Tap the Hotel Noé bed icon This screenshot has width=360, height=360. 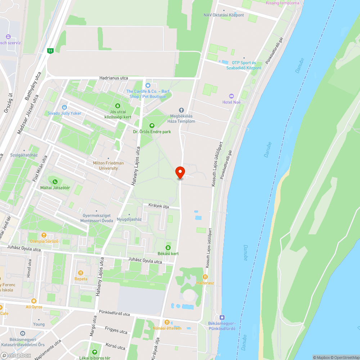click(x=231, y=96)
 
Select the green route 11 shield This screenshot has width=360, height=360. click(x=50, y=51)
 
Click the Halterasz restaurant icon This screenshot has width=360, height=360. click(x=205, y=277)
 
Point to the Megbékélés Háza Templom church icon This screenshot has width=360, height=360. click(x=181, y=110)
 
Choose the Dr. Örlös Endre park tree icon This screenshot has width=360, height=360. click(x=152, y=125)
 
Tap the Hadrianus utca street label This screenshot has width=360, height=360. click(x=113, y=78)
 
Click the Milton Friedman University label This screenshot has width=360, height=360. click(x=108, y=166)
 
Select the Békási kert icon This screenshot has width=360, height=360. click(x=168, y=247)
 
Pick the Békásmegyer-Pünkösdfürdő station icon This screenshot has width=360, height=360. click(x=222, y=317)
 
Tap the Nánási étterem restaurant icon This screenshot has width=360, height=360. click(x=167, y=322)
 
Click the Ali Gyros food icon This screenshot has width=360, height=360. click(x=34, y=301)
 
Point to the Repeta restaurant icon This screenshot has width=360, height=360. click(x=81, y=273)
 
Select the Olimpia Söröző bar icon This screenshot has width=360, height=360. click(x=44, y=235)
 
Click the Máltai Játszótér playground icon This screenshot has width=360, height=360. click(x=55, y=182)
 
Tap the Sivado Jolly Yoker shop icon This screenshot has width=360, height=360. click(x=64, y=107)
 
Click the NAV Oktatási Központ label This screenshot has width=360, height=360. click(x=223, y=15)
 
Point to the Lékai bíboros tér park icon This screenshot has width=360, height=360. click(x=95, y=352)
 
